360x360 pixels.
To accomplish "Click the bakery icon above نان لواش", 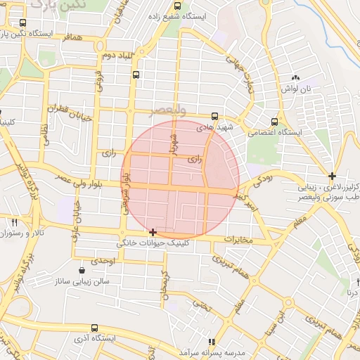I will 295,78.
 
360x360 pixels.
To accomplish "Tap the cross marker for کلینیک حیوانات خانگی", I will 153,231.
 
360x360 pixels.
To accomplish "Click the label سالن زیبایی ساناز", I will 83,281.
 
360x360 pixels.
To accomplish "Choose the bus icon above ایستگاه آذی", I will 95,328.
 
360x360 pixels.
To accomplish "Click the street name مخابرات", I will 238,240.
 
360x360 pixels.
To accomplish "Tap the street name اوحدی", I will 103,261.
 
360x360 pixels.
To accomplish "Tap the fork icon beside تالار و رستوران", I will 15,222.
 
